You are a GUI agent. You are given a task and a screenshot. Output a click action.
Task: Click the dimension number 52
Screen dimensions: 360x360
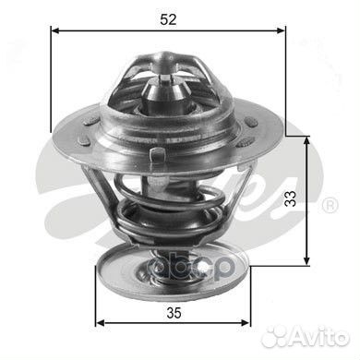tap(168, 19)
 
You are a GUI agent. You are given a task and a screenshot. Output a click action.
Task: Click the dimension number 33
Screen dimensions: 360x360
tap(290, 198)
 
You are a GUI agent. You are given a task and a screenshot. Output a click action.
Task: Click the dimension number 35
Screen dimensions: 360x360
tap(174, 313)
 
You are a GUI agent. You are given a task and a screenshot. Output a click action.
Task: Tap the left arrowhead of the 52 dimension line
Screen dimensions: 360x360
tap(55, 30)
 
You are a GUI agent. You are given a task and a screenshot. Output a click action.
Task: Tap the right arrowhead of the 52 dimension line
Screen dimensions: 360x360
tap(282, 30)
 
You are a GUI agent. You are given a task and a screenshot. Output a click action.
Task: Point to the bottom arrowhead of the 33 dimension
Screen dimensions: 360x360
tap(306, 260)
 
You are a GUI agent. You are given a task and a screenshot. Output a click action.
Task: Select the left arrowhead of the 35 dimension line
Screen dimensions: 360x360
tap(101, 323)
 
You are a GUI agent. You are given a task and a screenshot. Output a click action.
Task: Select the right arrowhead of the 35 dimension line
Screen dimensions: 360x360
tap(246, 323)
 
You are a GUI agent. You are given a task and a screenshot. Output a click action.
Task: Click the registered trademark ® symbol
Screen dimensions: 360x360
tap(330, 205)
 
